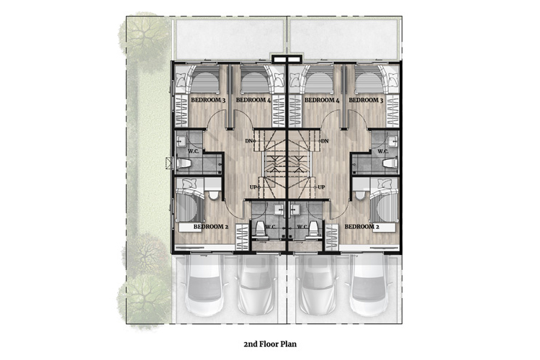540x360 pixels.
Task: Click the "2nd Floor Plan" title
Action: pyautogui.click(x=270, y=344)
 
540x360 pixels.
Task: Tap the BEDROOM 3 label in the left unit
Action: pyautogui.click(x=208, y=100)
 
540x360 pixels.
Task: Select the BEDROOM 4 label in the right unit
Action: pyautogui.click(x=322, y=100)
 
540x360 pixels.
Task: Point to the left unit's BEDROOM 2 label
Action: pyautogui.click(x=211, y=227)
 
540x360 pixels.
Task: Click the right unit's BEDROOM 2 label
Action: pyautogui.click(x=362, y=227)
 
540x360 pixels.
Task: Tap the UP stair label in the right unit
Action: pyautogui.click(x=321, y=187)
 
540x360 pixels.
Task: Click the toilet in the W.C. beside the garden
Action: pyautogui.click(x=184, y=163)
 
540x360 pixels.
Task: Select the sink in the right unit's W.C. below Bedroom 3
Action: pyautogui.click(x=392, y=141)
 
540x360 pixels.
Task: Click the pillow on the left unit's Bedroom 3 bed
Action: pyautogui.click(x=181, y=80)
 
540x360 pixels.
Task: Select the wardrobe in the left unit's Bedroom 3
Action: pyautogui.click(x=181, y=111)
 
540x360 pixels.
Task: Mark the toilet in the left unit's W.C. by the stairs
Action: pyautogui.click(x=261, y=230)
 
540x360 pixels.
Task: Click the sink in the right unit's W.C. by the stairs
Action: pyautogui.click(x=296, y=210)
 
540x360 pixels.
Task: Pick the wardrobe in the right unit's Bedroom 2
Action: pyautogui.click(x=332, y=238)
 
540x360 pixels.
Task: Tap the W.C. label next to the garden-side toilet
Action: pyautogui.click(x=192, y=151)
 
